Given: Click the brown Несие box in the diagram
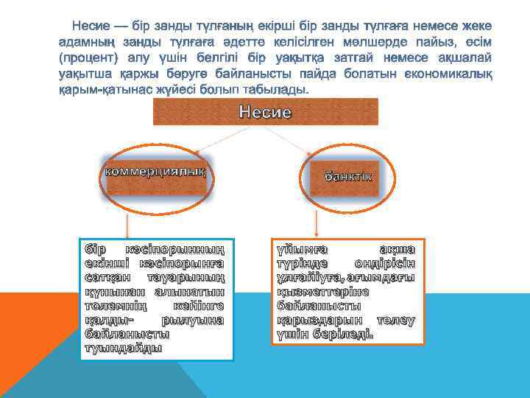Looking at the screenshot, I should (265, 112).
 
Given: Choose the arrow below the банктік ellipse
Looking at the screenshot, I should (317, 222).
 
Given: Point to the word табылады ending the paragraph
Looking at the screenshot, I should (274, 89).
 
